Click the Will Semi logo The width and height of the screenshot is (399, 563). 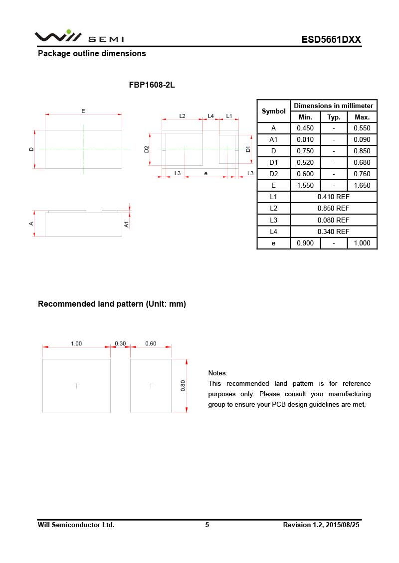[x=79, y=37]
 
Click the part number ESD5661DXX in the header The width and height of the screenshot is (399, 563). [x=331, y=40]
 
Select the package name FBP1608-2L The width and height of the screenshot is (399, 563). [x=152, y=85]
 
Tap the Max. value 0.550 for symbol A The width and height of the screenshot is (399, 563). [x=362, y=128]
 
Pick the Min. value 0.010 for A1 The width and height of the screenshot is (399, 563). [x=305, y=140]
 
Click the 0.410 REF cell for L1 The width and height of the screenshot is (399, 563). [x=333, y=197]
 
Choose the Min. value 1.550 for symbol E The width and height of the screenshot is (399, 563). [x=305, y=185]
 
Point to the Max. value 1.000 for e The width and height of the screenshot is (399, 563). [x=362, y=243]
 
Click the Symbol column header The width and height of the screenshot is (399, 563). [x=273, y=112]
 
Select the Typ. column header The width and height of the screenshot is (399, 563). [x=334, y=117]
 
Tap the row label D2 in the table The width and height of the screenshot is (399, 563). [x=273, y=174]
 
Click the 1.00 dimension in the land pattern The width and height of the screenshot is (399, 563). [x=76, y=343]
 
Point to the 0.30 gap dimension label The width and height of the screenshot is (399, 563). [x=120, y=343]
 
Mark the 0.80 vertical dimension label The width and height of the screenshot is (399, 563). [x=183, y=386]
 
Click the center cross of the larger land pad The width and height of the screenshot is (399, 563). [x=76, y=386]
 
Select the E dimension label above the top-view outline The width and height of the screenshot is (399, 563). [x=83, y=111]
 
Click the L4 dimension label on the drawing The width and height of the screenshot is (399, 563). [x=210, y=116]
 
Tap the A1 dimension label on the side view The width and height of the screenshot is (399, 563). [x=127, y=224]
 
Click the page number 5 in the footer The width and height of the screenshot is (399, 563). [x=207, y=525]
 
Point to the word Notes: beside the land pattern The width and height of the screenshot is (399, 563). [x=217, y=373]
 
